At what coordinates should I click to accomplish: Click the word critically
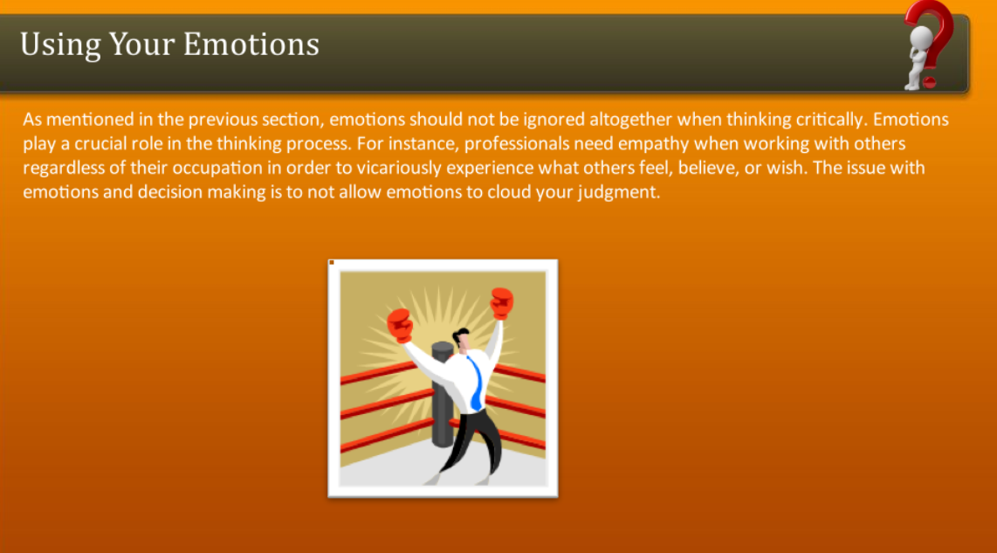pos(821,120)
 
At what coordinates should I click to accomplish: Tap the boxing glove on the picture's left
pos(400,324)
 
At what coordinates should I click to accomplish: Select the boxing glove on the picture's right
pos(501,302)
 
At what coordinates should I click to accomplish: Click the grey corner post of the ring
pos(443,402)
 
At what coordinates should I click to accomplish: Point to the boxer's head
pos(462,338)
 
